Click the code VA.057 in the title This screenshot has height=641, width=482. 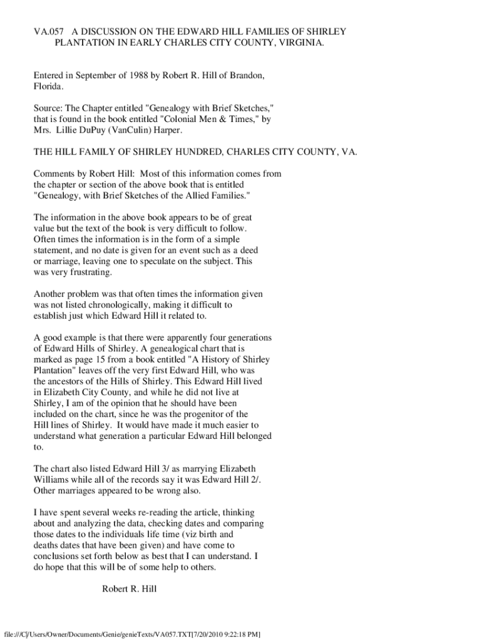pos(48,31)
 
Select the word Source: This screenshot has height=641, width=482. pos(48,108)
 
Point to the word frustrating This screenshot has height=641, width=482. pos(73,272)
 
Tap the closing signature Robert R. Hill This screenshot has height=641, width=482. pos(129,588)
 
